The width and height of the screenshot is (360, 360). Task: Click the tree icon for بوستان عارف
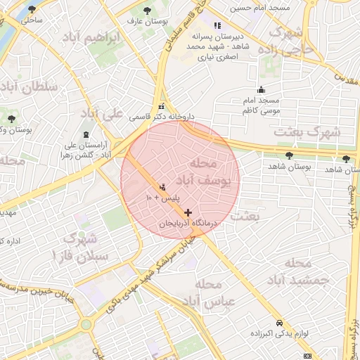click(x=147, y=11)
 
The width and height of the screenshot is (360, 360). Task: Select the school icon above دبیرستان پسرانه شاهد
click(x=215, y=26)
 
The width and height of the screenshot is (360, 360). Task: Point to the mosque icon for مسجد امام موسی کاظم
click(x=262, y=89)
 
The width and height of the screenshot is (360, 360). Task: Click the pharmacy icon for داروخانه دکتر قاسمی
click(x=162, y=106)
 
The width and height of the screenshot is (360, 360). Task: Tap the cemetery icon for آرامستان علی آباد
click(x=86, y=134)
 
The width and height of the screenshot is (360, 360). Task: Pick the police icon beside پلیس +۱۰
click(x=163, y=188)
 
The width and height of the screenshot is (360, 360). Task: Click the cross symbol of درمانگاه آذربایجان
click(x=187, y=212)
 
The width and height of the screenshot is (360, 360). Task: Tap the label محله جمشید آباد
click(x=298, y=272)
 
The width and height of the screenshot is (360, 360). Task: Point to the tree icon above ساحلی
click(x=31, y=10)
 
